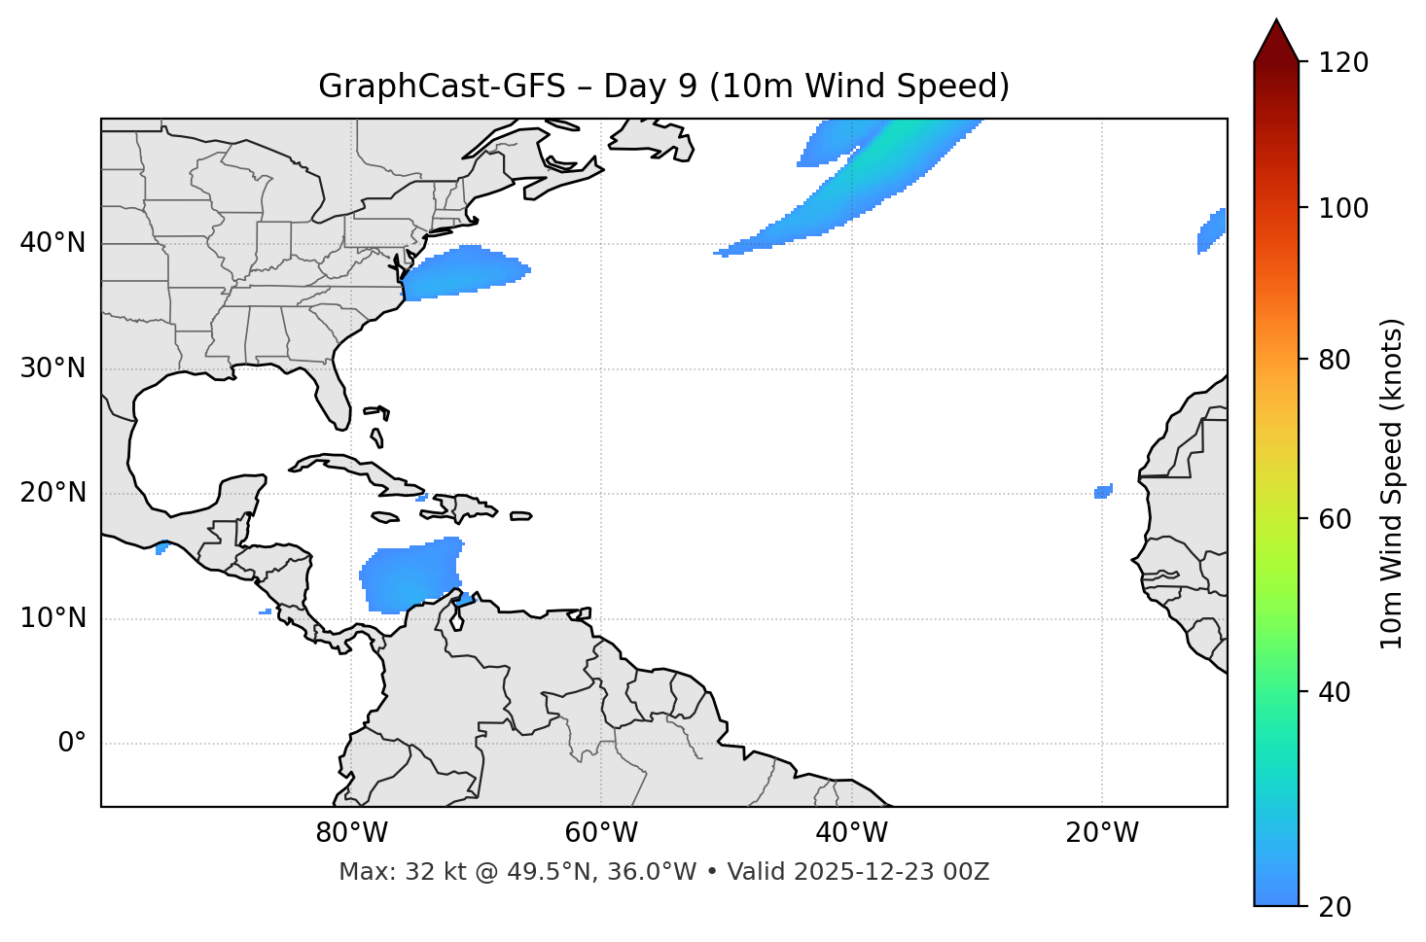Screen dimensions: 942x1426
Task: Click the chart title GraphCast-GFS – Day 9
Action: pyautogui.click(x=663, y=87)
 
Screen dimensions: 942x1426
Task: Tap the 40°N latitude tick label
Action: pyautogui.click(x=53, y=243)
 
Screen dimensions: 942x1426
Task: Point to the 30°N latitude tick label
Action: pyautogui.click(x=53, y=368)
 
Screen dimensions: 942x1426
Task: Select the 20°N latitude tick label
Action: pyautogui.click(x=53, y=493)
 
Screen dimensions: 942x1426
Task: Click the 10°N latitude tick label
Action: pyautogui.click(x=53, y=618)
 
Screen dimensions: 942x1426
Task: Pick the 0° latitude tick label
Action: pyautogui.click(x=72, y=744)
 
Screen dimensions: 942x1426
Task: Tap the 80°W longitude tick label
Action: pyautogui.click(x=351, y=833)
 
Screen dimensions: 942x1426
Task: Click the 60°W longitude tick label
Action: pyautogui.click(x=601, y=833)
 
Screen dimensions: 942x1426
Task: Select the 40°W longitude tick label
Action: pyautogui.click(x=851, y=833)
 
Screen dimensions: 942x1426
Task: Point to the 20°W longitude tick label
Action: pyautogui.click(x=1101, y=833)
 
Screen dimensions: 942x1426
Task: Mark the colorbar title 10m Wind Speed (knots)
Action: pyautogui.click(x=1392, y=483)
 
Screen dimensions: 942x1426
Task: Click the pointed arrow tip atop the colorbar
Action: pyautogui.click(x=1276, y=23)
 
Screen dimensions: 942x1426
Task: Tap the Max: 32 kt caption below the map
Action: pyautogui.click(x=663, y=872)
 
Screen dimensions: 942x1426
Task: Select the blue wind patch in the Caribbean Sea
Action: pyautogui.click(x=410, y=576)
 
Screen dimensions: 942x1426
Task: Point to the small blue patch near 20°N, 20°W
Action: pyautogui.click(x=1103, y=492)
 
